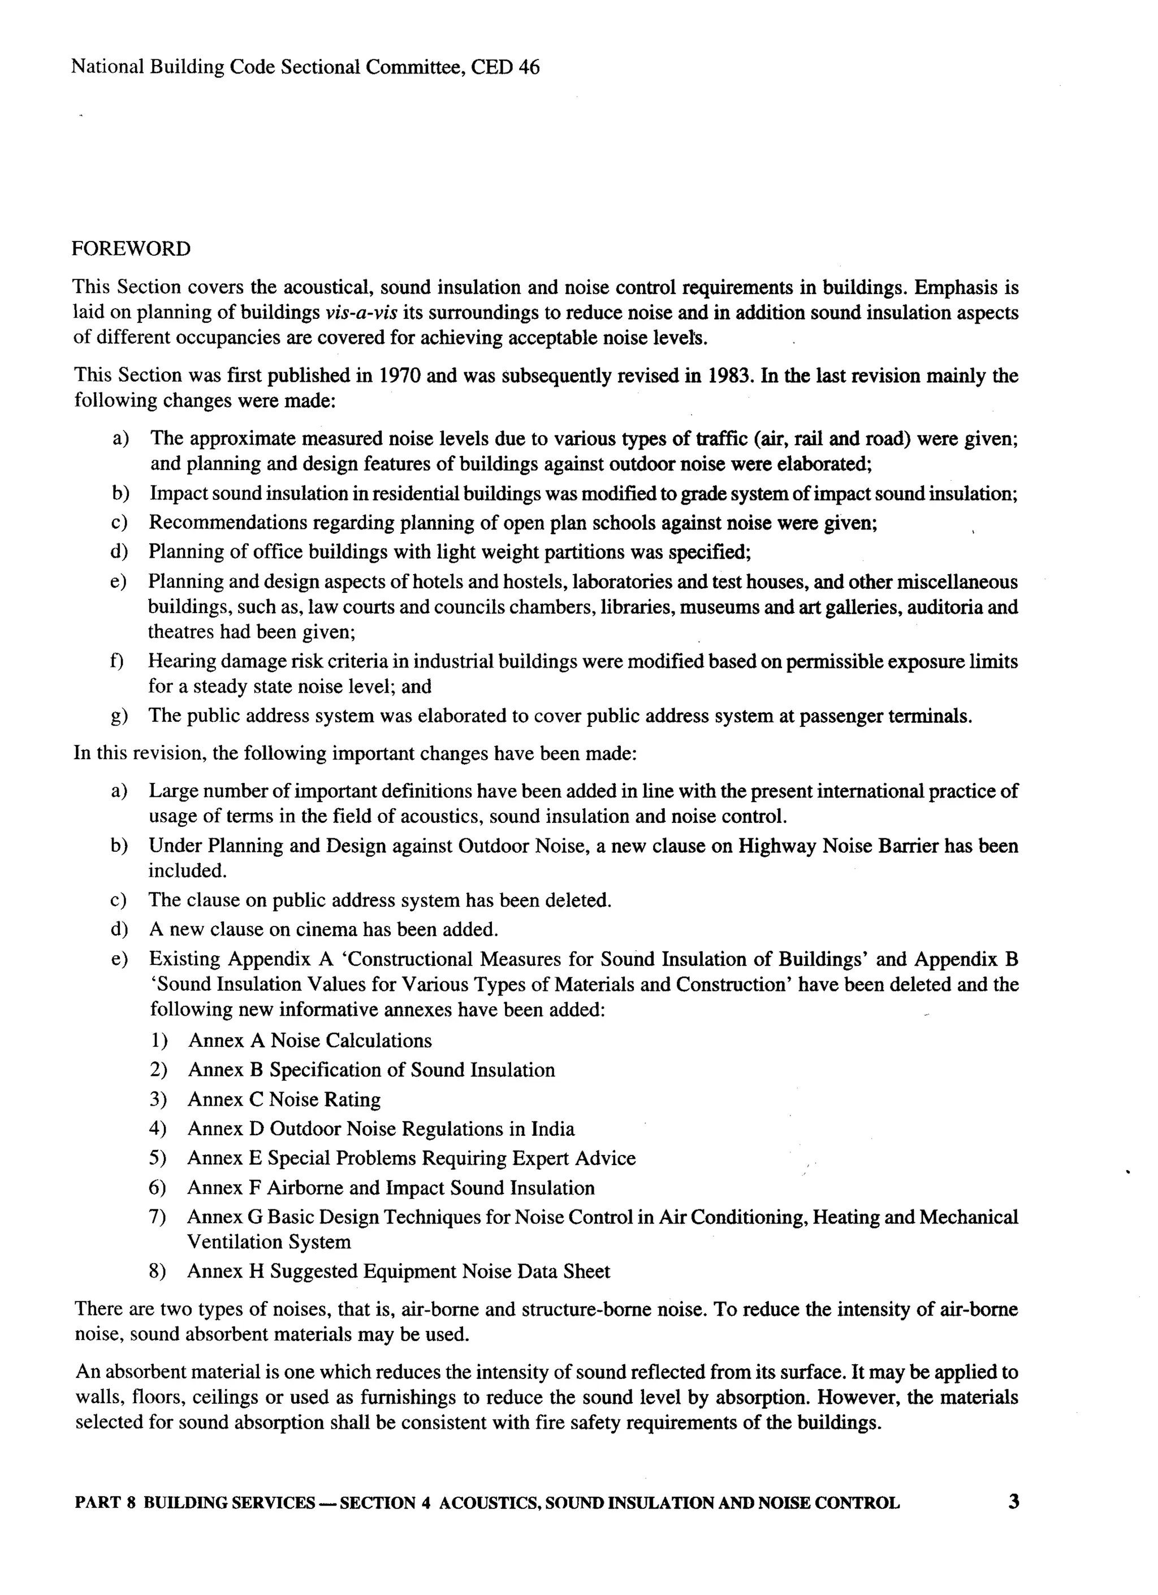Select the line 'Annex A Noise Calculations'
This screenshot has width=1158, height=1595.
(309, 1041)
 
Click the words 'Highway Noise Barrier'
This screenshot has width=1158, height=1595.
(838, 846)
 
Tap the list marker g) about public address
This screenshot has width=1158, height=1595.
(119, 717)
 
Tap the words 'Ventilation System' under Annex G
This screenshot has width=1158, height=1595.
(269, 1242)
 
